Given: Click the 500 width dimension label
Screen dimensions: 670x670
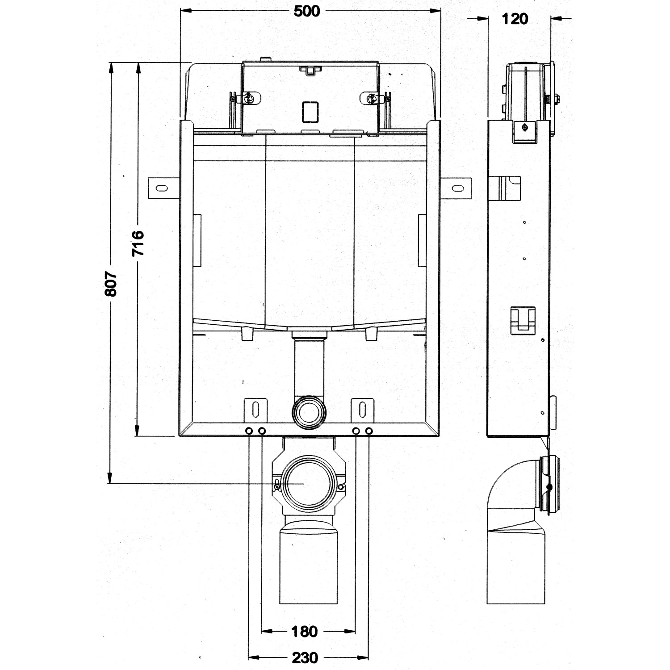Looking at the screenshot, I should (307, 11).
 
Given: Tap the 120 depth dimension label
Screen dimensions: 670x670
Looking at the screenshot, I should (515, 19).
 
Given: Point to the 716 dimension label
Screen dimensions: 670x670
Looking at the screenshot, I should (138, 243).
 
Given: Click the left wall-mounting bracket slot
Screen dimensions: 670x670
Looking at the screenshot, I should (162, 188).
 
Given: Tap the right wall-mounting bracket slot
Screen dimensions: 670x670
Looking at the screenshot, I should (458, 188).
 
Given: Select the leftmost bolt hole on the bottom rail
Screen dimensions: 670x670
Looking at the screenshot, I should (248, 431).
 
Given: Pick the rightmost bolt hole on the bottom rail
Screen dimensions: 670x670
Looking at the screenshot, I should (368, 431).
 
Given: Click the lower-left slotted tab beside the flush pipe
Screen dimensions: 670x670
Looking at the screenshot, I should (255, 410).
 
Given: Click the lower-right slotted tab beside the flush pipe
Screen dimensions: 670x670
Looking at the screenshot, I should (362, 410).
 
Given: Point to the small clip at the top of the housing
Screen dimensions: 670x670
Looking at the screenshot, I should (309, 70).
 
